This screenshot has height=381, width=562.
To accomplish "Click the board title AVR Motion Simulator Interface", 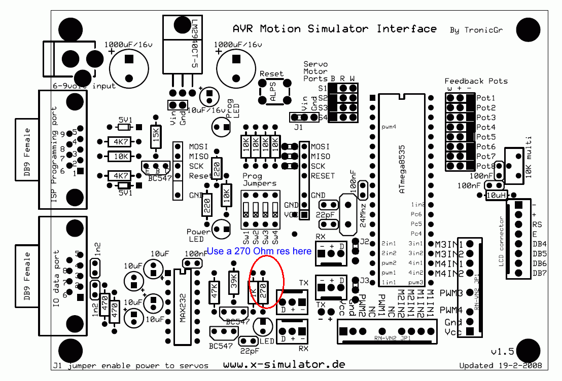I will [334, 29].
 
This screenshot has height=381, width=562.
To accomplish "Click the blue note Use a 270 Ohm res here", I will [259, 251].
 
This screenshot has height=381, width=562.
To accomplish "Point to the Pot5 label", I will [486, 137].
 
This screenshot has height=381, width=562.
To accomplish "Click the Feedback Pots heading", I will [476, 81].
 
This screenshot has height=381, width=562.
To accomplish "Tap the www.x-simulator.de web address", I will [284, 364].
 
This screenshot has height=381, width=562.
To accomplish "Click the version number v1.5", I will [502, 352].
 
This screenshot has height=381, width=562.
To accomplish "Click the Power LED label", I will [198, 235].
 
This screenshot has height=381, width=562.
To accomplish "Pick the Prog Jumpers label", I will [260, 179].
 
